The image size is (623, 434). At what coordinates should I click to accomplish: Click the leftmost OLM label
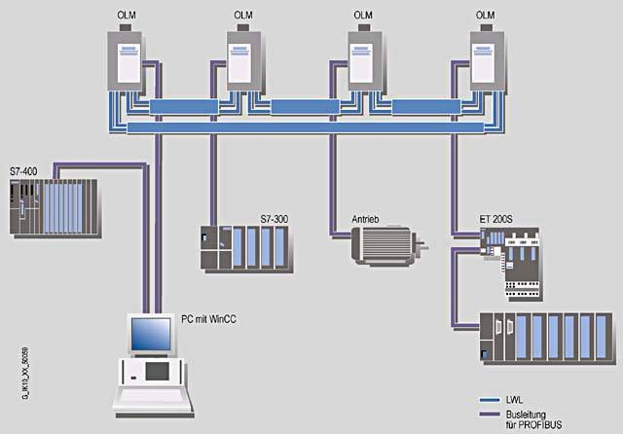click(127, 16)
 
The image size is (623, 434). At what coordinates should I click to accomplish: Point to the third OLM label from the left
click(363, 16)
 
